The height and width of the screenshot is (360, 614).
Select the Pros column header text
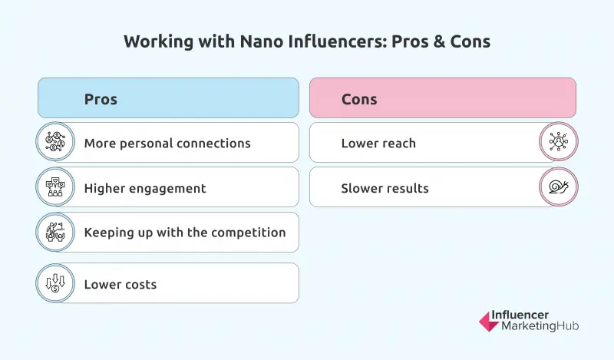click(101, 99)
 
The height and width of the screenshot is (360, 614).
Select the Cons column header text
click(359, 99)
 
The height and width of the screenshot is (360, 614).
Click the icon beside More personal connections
click(55, 143)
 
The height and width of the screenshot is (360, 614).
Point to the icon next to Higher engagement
click(55, 187)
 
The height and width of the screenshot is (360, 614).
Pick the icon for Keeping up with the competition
click(55, 233)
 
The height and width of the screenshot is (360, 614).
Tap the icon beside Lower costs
click(55, 284)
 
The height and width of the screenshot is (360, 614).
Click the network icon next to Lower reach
click(559, 143)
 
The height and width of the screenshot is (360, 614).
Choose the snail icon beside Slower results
click(559, 187)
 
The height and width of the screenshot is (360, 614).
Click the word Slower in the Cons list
click(361, 188)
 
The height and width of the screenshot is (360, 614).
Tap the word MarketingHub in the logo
click(540, 327)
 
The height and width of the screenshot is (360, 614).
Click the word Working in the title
click(154, 42)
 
